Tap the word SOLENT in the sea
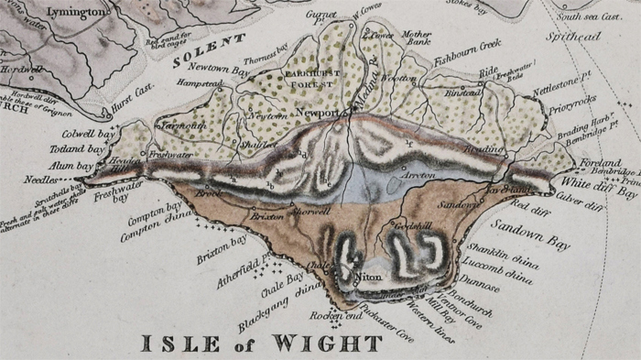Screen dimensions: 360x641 point(210,51)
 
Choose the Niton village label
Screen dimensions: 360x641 point(368,275)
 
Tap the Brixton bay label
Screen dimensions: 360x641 point(223,248)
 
